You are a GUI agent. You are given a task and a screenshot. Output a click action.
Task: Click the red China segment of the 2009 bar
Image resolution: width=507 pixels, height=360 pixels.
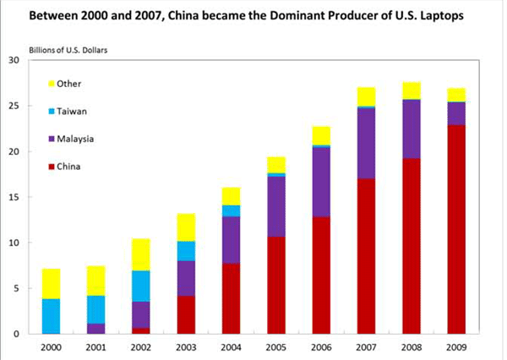point(456,229)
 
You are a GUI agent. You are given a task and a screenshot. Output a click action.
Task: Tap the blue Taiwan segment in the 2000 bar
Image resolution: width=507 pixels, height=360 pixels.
point(50,316)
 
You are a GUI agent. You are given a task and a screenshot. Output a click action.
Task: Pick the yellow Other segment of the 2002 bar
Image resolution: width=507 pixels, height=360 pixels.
point(140,254)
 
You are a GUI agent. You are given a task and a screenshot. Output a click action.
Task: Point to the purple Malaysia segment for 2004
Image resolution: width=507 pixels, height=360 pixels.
point(231,240)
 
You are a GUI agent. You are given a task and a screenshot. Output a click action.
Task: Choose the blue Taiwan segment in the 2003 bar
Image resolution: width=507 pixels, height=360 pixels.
point(186,251)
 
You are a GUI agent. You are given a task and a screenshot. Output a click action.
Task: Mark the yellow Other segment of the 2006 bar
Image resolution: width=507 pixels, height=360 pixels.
point(321,135)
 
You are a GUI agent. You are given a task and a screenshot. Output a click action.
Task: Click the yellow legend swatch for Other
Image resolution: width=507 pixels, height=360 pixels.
point(52,83)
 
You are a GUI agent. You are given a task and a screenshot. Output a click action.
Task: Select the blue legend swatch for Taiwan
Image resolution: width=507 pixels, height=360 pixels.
point(52,110)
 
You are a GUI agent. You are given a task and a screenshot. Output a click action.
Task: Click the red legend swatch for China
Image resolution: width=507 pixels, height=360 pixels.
point(52,165)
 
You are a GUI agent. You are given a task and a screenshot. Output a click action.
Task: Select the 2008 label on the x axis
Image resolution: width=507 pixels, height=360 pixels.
point(412,346)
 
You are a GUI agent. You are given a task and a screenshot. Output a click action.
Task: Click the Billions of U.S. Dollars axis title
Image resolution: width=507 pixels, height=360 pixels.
point(71,41)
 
